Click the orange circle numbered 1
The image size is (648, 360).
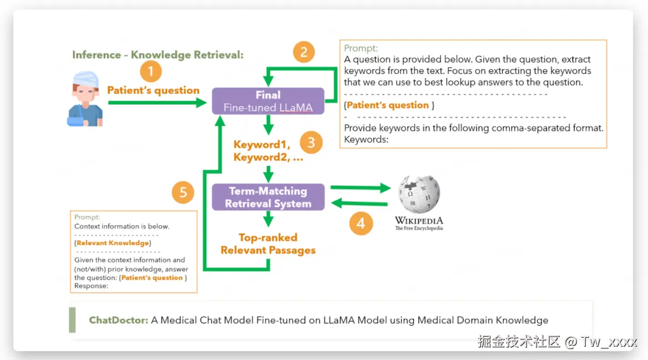(151, 72)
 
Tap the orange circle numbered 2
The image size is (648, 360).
(303, 52)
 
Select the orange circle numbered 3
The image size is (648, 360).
(311, 143)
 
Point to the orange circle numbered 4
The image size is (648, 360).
(361, 224)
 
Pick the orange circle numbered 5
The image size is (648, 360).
(183, 193)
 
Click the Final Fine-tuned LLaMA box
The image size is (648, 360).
(268, 101)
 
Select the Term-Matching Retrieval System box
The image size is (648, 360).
(268, 197)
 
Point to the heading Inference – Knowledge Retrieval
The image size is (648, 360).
(158, 55)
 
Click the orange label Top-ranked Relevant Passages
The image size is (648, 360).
(268, 244)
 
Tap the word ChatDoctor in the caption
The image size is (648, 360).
(118, 320)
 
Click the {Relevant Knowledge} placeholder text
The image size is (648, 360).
(113, 243)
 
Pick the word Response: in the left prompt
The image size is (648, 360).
(92, 286)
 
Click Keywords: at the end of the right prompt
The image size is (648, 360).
(366, 139)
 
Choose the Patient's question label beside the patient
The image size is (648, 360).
(153, 90)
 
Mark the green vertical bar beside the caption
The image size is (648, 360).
(72, 320)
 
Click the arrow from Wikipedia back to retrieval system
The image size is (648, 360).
(360, 204)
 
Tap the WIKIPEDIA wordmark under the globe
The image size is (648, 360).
(419, 220)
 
